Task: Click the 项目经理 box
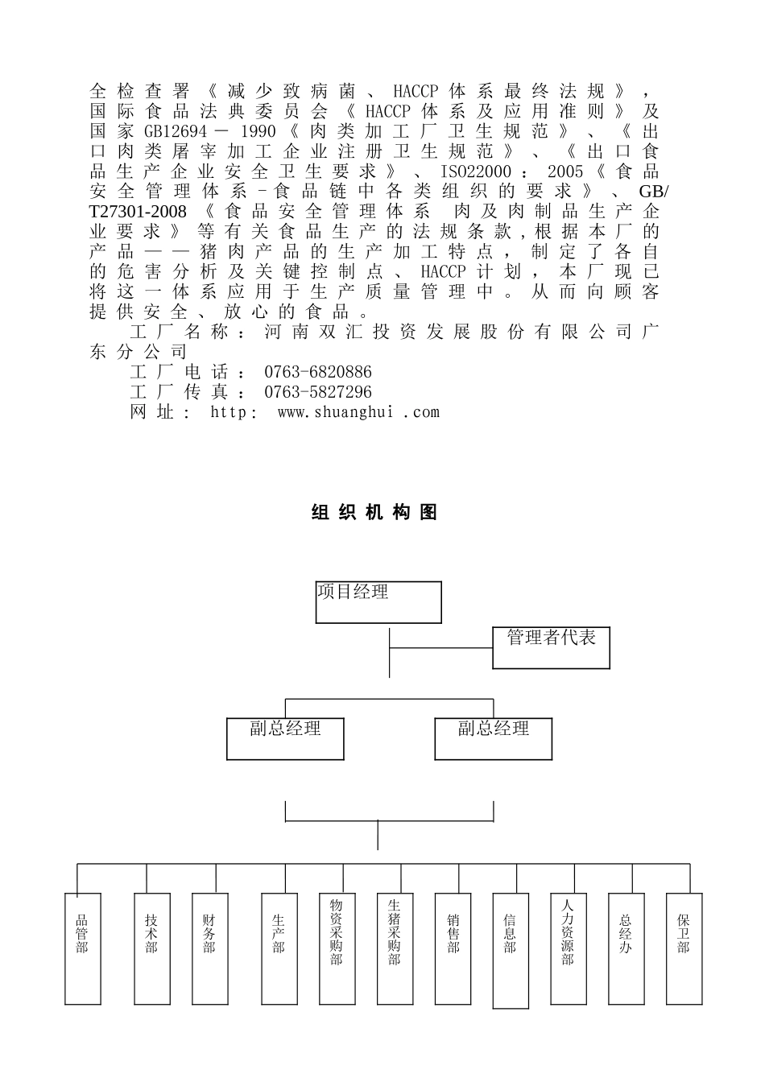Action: (x=378, y=602)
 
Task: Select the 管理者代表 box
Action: (x=551, y=647)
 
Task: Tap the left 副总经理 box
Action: (x=285, y=738)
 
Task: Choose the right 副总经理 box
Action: (x=493, y=738)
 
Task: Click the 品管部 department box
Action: (x=82, y=948)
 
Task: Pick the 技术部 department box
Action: (x=151, y=948)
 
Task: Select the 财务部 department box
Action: (x=209, y=948)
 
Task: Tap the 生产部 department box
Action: (x=279, y=948)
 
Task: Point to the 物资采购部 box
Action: (x=337, y=948)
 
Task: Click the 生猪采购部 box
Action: (x=395, y=948)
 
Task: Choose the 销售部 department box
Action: (x=453, y=948)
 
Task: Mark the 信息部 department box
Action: (x=511, y=950)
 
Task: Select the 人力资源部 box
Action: (x=568, y=948)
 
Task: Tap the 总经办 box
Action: (x=626, y=948)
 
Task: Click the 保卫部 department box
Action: (x=684, y=948)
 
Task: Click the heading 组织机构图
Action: (x=374, y=513)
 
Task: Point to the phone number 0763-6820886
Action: (x=317, y=372)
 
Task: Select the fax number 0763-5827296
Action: (x=317, y=392)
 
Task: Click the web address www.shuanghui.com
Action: (x=358, y=412)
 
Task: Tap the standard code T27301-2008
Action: (x=138, y=212)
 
